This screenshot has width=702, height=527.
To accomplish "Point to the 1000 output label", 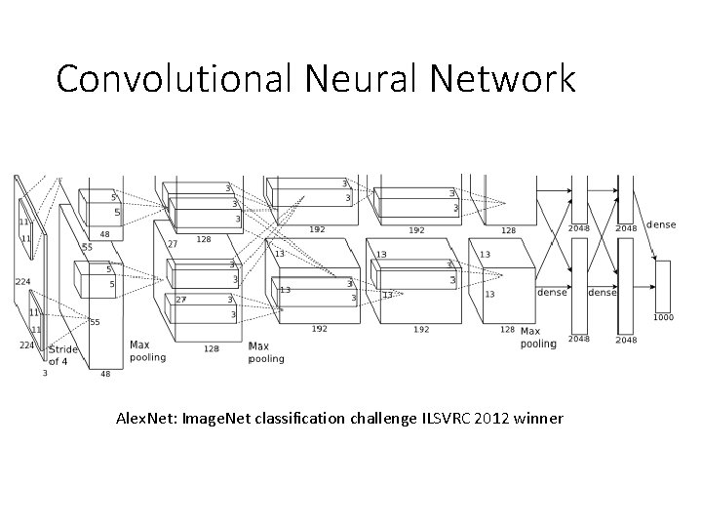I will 662,316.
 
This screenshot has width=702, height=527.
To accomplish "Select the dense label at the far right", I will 660,224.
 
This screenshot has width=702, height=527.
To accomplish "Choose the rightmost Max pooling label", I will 537,337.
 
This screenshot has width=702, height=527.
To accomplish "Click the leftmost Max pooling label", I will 147,350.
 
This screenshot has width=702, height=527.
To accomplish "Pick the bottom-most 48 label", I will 105,373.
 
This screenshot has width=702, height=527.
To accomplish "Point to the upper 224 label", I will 21,282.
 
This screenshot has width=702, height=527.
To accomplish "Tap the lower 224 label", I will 29,344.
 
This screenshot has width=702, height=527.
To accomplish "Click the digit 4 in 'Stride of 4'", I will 64,361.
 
